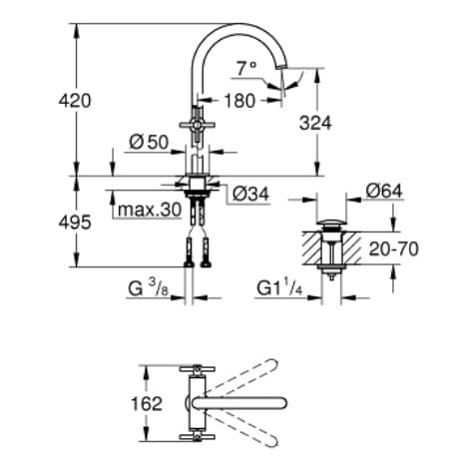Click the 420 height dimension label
(75, 101)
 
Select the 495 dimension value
(75, 223)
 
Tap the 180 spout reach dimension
(239, 101)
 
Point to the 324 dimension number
(315, 124)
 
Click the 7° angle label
(246, 69)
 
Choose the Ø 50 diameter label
(149, 143)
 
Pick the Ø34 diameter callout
(250, 194)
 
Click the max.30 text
(150, 210)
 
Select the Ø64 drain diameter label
(384, 192)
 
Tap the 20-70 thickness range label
(394, 248)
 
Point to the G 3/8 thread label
(149, 288)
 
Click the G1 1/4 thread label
(279, 288)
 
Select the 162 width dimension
(147, 404)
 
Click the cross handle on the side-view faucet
(198, 126)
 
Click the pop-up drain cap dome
(331, 223)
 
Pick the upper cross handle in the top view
(198, 369)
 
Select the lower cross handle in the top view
(198, 437)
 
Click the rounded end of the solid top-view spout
(281, 403)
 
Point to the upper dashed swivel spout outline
(241, 377)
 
